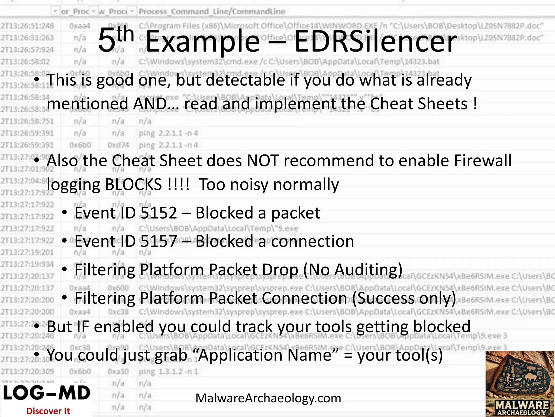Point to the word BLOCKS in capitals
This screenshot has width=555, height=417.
133,185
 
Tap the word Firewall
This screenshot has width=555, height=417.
483,160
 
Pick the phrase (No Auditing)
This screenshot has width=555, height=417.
353,270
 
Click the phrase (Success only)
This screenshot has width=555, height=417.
404,298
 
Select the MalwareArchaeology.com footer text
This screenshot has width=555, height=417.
268,398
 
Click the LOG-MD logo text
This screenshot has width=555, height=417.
47,393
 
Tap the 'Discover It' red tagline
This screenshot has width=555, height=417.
48,411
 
